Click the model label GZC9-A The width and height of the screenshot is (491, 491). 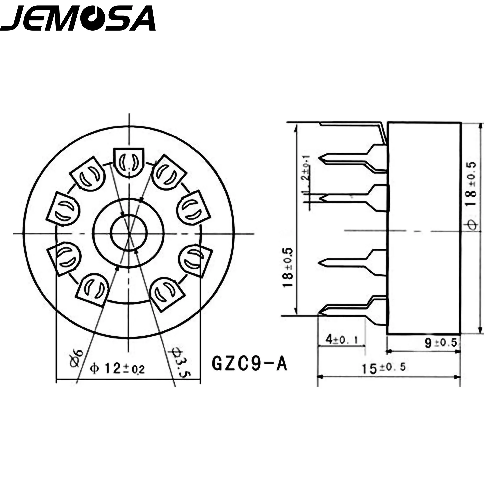point(249,364)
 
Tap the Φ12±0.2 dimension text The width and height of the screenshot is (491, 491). point(117,369)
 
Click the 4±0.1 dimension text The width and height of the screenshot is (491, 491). point(342,340)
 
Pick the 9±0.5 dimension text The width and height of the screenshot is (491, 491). point(441,343)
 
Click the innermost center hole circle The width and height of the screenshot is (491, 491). point(129,232)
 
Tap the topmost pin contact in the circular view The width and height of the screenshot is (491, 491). point(129,162)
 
